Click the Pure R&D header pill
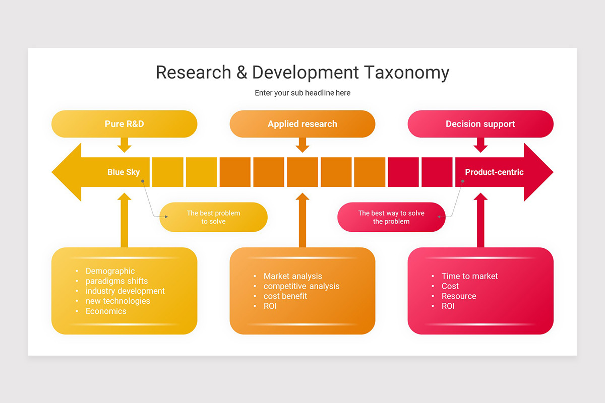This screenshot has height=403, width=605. pyautogui.click(x=124, y=124)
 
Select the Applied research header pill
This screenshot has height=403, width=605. pyautogui.click(x=302, y=124)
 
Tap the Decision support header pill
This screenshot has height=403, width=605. pyautogui.click(x=480, y=124)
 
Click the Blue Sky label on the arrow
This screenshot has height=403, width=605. pyautogui.click(x=124, y=172)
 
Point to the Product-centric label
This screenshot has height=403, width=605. pyautogui.click(x=494, y=172)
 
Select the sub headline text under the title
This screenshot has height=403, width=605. pyautogui.click(x=302, y=93)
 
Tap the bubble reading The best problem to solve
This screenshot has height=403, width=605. pyautogui.click(x=213, y=217)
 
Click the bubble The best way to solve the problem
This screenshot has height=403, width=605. pyautogui.click(x=391, y=217)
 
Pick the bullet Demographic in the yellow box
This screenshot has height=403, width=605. pyautogui.click(x=110, y=271)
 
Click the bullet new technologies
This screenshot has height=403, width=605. pyautogui.click(x=117, y=301)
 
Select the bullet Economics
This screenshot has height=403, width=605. pyautogui.click(x=106, y=311)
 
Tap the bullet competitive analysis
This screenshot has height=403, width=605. pyautogui.click(x=301, y=286)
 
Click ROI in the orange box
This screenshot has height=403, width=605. pyautogui.click(x=270, y=306)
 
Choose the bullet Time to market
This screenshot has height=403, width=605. pyautogui.click(x=469, y=276)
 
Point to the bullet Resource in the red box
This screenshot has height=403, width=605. pyautogui.click(x=459, y=296)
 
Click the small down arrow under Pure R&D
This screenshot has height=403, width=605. pyautogui.click(x=124, y=145)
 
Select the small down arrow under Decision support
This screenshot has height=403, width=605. pyautogui.click(x=480, y=145)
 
